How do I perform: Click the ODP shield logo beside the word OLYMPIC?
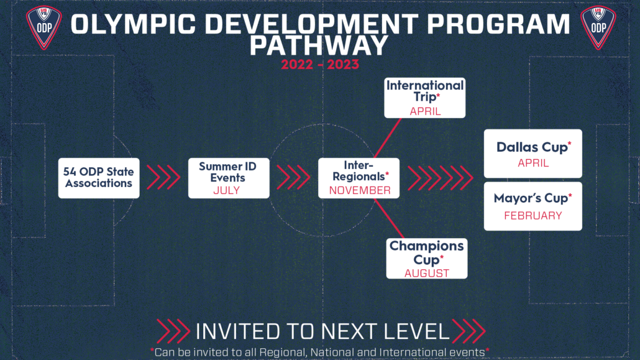point(43,27)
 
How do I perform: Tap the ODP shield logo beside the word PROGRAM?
point(598,27)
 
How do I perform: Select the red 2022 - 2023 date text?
point(320,65)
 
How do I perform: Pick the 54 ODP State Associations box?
point(99,178)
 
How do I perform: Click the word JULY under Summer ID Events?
point(227,190)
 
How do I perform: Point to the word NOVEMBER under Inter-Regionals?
point(360,190)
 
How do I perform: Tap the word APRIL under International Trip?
point(425,111)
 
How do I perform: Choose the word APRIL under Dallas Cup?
point(533,163)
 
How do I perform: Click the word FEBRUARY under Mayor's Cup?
point(533,215)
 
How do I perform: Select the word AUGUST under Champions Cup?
point(426,273)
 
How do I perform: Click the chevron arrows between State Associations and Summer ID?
point(163,177)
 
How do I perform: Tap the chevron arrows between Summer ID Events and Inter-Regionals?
point(293,177)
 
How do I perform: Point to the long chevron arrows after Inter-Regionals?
point(441,178)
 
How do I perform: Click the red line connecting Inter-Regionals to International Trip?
point(388,138)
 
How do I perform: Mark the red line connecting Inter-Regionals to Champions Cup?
point(389,219)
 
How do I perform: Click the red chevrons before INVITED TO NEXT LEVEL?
point(173,331)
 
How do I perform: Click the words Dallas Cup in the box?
point(532,147)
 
